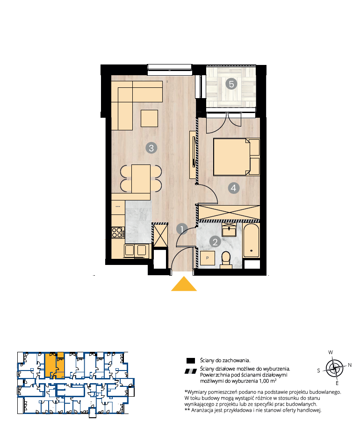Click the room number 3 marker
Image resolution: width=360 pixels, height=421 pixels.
click(151, 148)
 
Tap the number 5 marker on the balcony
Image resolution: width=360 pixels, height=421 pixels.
click(231, 84)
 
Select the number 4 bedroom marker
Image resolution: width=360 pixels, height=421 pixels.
click(233, 188)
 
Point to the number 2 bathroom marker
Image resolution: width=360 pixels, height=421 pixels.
click(215, 242)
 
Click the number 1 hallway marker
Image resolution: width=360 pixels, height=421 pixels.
click(182, 229)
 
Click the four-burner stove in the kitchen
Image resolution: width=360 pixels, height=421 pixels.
click(118, 233)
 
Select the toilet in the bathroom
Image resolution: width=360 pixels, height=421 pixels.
click(226, 260)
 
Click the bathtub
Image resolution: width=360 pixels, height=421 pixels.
click(251, 241)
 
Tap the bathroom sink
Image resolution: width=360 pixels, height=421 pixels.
click(229, 229)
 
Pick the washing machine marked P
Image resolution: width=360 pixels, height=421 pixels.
click(208, 258)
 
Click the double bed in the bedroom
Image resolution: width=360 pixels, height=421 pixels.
click(237, 157)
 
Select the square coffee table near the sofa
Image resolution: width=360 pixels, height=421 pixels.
click(149, 118)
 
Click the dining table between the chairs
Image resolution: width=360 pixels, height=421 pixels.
click(141, 179)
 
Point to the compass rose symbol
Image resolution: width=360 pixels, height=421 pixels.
click(334, 368)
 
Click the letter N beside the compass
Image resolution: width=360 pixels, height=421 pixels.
click(350, 365)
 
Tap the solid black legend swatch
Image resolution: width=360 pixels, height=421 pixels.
click(190, 361)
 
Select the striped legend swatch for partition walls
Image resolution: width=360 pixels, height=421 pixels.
click(191, 371)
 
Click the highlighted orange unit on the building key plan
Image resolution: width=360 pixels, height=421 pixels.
click(55, 365)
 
